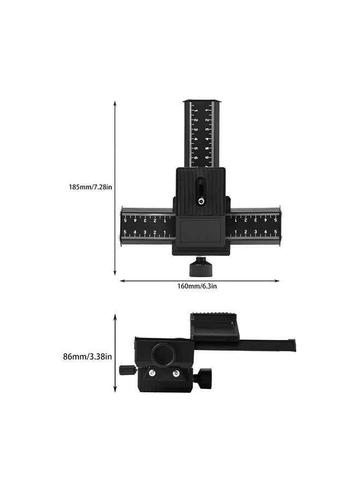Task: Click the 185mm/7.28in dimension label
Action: (91, 187)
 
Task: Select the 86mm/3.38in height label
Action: (87, 357)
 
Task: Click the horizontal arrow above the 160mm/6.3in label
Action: (200, 281)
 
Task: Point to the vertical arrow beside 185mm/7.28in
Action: (115, 188)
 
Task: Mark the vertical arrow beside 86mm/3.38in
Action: (115, 353)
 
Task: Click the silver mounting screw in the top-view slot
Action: (201, 201)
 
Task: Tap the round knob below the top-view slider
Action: (197, 268)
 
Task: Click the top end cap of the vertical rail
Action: (202, 102)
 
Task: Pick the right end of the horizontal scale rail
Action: (279, 226)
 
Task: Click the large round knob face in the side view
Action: (164, 355)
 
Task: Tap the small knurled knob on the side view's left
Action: (127, 370)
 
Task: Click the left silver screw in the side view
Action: (153, 373)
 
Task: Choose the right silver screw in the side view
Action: (176, 373)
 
